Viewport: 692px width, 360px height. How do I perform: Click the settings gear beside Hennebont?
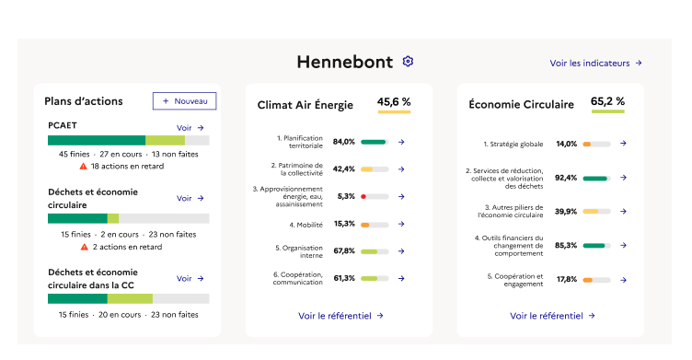point(408,62)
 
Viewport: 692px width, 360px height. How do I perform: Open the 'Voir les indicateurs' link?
point(595,64)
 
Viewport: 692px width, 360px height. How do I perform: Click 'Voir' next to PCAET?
point(190,128)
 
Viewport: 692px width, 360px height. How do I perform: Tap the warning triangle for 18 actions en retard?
point(83,167)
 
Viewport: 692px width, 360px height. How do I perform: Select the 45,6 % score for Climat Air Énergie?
point(394,102)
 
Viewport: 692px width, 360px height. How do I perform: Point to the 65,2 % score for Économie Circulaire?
point(607,102)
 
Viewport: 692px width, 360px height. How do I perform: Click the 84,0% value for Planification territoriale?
point(344,142)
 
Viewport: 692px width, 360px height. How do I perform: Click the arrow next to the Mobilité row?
point(401,224)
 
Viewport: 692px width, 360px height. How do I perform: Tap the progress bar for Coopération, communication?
point(375,278)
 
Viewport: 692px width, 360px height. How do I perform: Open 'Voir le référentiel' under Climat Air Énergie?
point(340,315)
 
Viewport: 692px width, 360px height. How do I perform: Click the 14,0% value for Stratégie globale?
point(566,144)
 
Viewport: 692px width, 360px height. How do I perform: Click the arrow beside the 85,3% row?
point(623,245)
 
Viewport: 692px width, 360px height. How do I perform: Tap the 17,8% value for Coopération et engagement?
point(566,279)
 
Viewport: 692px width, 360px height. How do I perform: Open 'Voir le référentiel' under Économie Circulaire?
point(552,315)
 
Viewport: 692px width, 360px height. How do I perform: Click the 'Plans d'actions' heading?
point(84,101)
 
